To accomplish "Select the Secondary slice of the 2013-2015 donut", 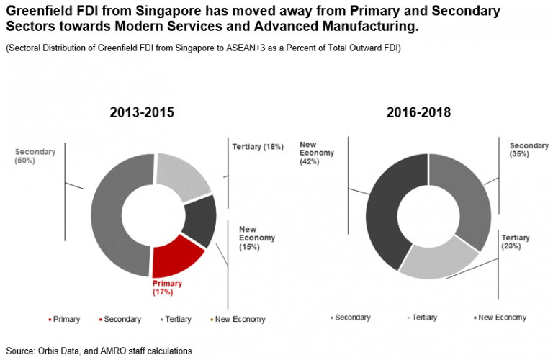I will (108, 216).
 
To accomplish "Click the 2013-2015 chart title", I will (142, 112).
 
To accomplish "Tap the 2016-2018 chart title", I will (419, 112).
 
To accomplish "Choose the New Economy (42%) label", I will (314, 153).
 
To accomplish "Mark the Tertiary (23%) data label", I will (516, 241).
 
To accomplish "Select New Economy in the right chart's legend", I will (503, 318).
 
